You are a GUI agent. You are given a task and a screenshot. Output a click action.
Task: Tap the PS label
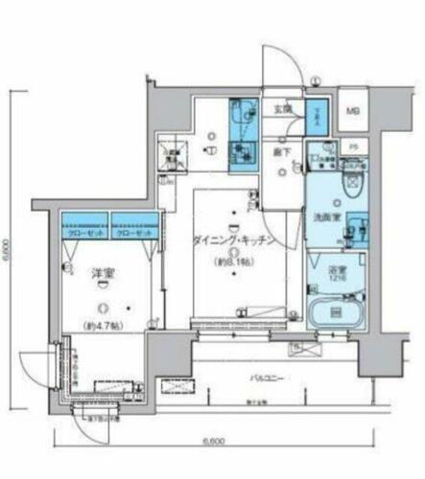point(352,147)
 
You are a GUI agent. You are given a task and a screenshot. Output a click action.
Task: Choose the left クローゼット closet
point(84,233)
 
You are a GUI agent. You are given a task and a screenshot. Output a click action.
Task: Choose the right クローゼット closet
point(131,233)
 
